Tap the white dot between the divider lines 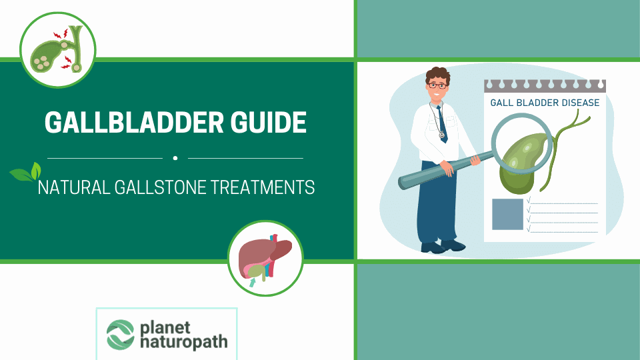tap(175, 159)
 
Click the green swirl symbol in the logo tap(121, 335)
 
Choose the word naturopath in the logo tap(183, 343)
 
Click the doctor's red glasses tap(437, 86)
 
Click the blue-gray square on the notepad tap(507, 214)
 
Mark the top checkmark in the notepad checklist tap(528, 199)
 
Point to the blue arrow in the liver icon tap(252, 282)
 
